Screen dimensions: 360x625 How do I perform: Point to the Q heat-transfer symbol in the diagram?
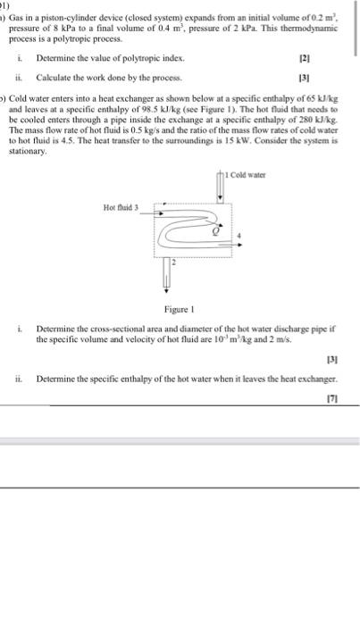pyautogui.click(x=213, y=229)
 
